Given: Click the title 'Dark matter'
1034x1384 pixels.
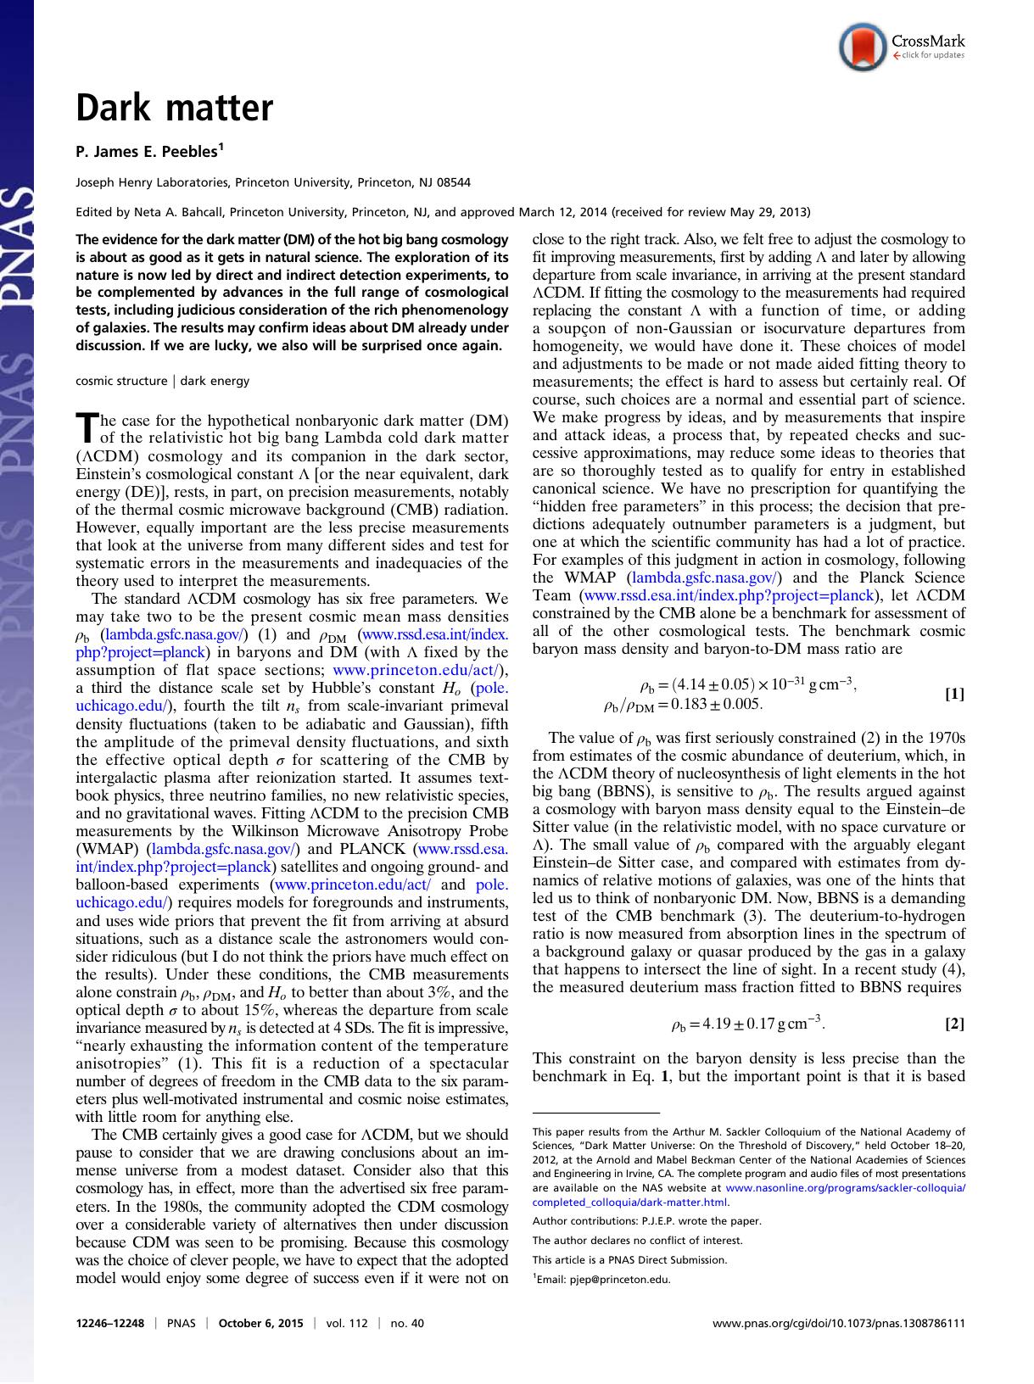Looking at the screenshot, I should click(x=175, y=109).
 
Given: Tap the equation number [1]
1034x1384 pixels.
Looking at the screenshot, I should click(x=954, y=695).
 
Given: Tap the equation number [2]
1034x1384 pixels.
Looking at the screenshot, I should click(x=954, y=1024).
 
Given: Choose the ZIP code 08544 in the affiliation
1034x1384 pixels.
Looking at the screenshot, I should click(x=452, y=182).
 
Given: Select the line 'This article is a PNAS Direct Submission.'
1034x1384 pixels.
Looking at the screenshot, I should click(x=629, y=1259).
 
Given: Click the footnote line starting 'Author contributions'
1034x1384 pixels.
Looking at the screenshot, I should click(x=646, y=1221).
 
